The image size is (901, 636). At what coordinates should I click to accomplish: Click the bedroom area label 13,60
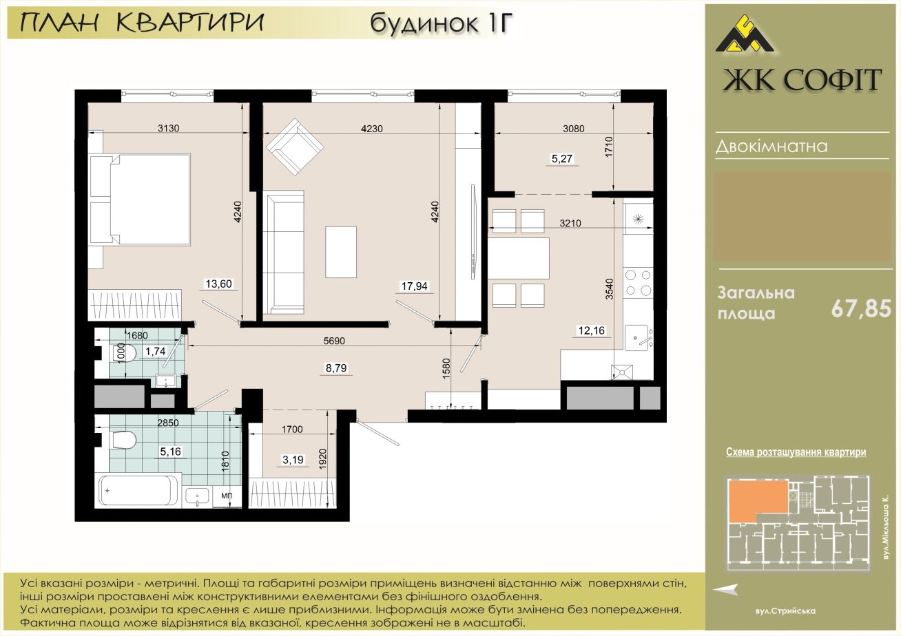click(219, 284)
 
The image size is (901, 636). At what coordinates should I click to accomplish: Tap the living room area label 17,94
click(414, 286)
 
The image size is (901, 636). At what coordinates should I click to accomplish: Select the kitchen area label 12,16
click(591, 330)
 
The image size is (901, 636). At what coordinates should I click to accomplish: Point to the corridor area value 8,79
click(336, 368)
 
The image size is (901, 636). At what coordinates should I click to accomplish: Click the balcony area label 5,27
click(562, 159)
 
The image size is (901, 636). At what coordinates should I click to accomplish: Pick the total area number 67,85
click(861, 309)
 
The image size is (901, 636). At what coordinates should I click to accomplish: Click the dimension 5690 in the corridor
click(334, 341)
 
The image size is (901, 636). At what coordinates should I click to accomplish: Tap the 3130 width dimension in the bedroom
click(169, 128)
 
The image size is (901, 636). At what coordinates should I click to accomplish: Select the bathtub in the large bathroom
click(138, 491)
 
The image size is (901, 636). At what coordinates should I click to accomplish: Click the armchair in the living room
click(295, 147)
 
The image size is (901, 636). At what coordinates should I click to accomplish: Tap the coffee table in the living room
click(341, 252)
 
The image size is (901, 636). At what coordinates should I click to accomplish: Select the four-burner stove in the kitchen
click(638, 283)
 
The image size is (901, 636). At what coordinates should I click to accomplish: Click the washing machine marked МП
click(227, 496)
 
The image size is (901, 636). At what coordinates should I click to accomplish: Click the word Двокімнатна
click(771, 146)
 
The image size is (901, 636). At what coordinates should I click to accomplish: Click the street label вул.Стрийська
click(785, 611)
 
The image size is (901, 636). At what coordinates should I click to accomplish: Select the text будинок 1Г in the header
click(442, 23)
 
